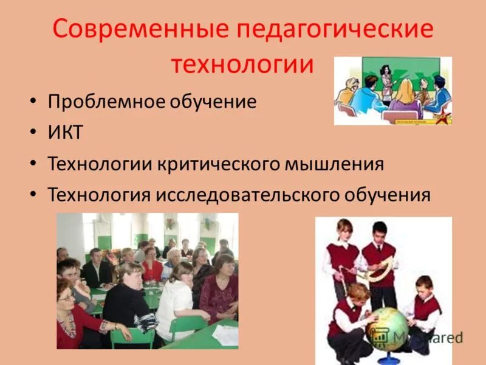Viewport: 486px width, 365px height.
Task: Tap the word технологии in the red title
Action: coord(242,64)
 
